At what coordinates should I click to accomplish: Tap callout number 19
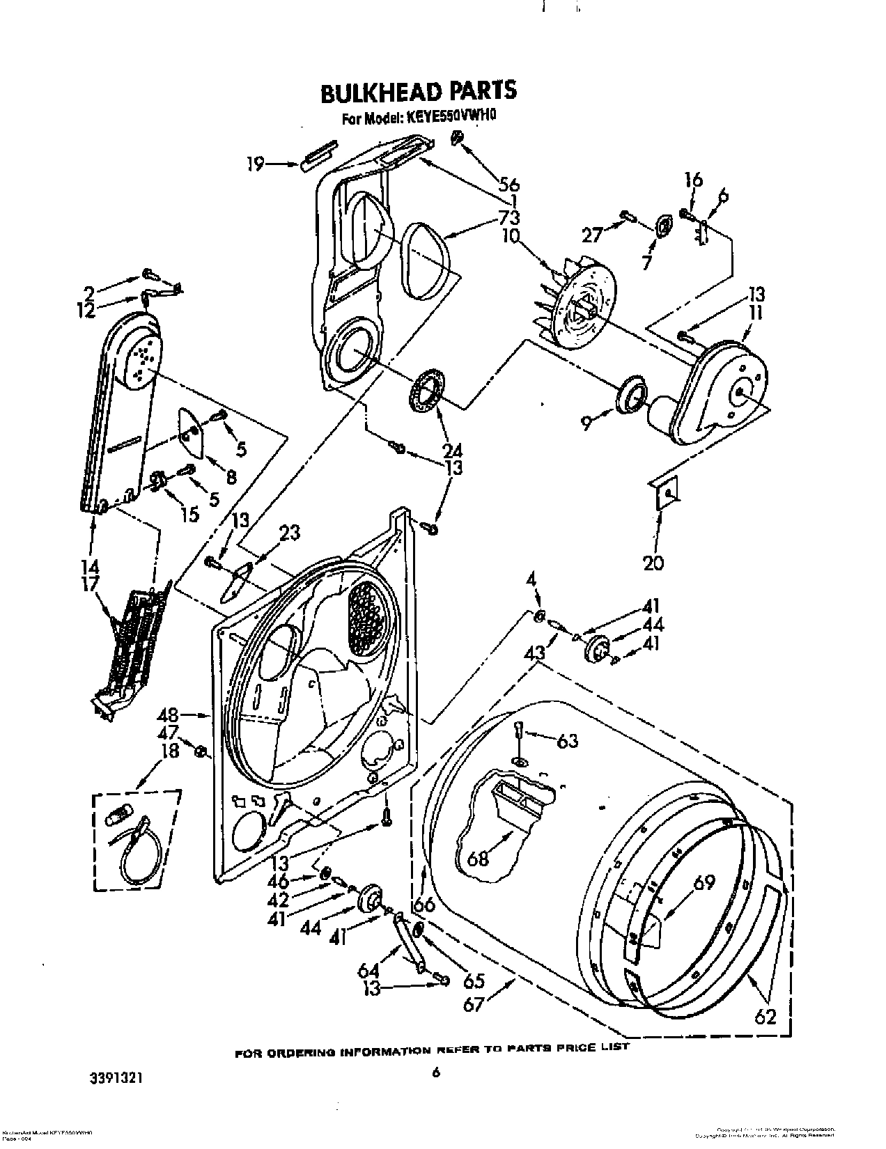tap(256, 164)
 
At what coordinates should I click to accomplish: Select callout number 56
tap(509, 185)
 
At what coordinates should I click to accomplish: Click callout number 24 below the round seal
tap(453, 451)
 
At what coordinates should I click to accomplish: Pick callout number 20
tap(653, 562)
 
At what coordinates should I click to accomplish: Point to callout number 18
tap(170, 750)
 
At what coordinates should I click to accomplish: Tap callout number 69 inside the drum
tap(704, 883)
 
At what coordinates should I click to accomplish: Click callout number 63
tap(568, 740)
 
